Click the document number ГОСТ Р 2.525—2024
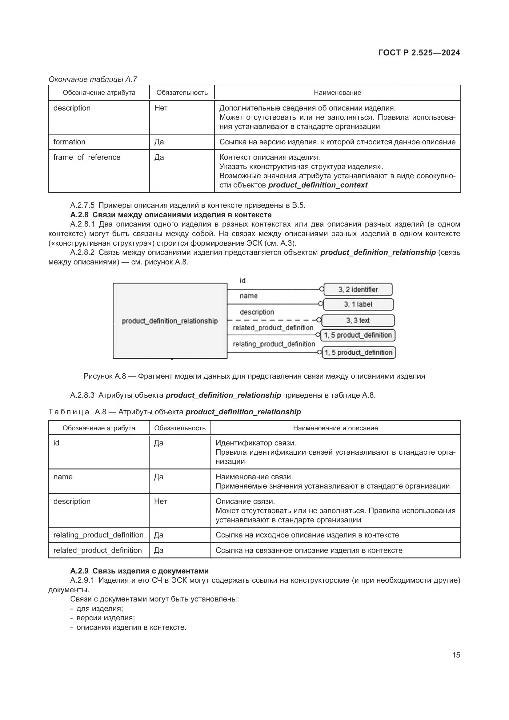pyautogui.click(x=419, y=53)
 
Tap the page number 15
pyautogui.click(x=456, y=655)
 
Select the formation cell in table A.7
pyautogui.click(x=69, y=142)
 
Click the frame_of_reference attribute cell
pyautogui.click(x=87, y=157)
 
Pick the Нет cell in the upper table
pyautogui.click(x=161, y=108)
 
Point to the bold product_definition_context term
pyautogui.click(x=318, y=185)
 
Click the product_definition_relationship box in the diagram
pyautogui.click(x=170, y=321)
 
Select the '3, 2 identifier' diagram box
pyautogui.click(x=358, y=289)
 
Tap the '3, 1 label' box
pyautogui.click(x=358, y=304)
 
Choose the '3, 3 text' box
pyautogui.click(x=358, y=320)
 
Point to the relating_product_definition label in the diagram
pyautogui.click(x=274, y=344)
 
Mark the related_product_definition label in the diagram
pyautogui.click(x=273, y=328)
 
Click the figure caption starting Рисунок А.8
pyautogui.click(x=254, y=376)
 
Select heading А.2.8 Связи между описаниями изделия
pyautogui.click(x=171, y=215)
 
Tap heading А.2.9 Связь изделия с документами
pyautogui.click(x=139, y=571)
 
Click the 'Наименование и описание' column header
pyautogui.click(x=335, y=428)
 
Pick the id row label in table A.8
pyautogui.click(x=56, y=443)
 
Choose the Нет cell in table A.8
pyautogui.click(x=160, y=501)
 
